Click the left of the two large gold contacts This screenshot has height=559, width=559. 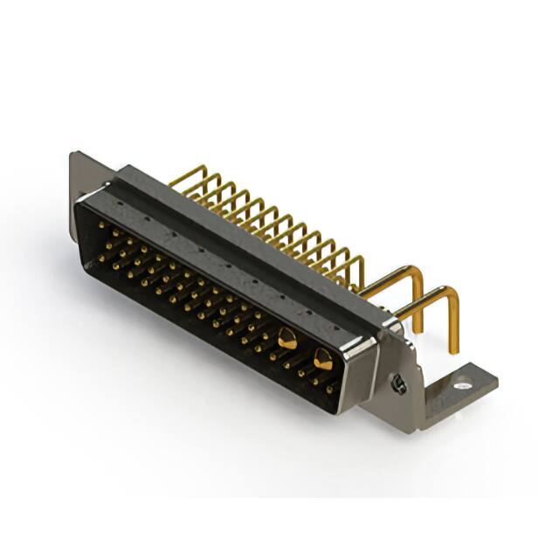click(x=287, y=338)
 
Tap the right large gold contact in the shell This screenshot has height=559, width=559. click(x=322, y=356)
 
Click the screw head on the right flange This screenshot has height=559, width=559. click(x=398, y=383)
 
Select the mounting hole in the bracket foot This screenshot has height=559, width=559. click(x=464, y=382)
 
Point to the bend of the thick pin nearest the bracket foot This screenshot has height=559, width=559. click(x=451, y=293)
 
